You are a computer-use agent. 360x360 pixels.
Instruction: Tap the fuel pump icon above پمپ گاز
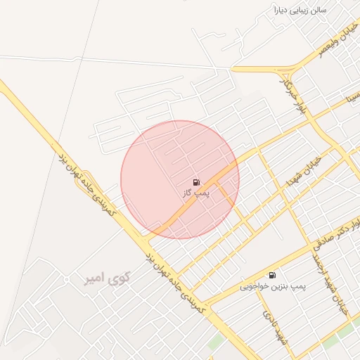pyautogui.click(x=195, y=181)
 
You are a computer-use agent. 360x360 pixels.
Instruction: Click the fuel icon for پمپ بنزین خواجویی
pyautogui.click(x=272, y=275)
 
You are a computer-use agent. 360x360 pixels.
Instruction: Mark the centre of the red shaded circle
pyautogui.click(x=180, y=179)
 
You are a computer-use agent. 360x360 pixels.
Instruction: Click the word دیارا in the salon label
pyautogui.click(x=285, y=11)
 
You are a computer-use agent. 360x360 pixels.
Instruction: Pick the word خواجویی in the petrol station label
pyautogui.click(x=256, y=286)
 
